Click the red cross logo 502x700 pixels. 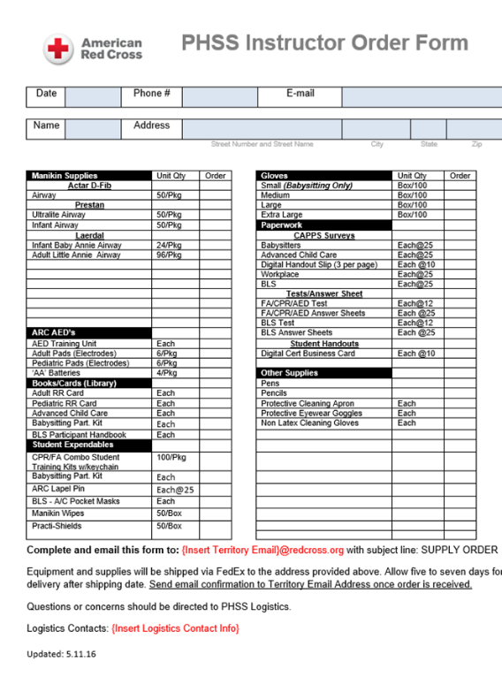pyautogui.click(x=58, y=48)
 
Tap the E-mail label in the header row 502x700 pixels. pyautogui.click(x=300, y=94)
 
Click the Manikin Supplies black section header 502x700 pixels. pyautogui.click(x=65, y=176)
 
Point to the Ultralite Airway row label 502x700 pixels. pyautogui.click(x=57, y=215)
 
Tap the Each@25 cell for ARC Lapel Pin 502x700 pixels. pyautogui.click(x=175, y=489)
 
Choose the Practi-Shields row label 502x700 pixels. pyautogui.click(x=57, y=526)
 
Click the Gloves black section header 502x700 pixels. pyautogui.click(x=275, y=176)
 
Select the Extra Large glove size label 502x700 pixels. pyautogui.click(x=281, y=215)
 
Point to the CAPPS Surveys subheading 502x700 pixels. pyautogui.click(x=324, y=236)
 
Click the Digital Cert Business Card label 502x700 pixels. pyautogui.click(x=308, y=354)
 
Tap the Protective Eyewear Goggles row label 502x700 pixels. pyautogui.click(x=311, y=413)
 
